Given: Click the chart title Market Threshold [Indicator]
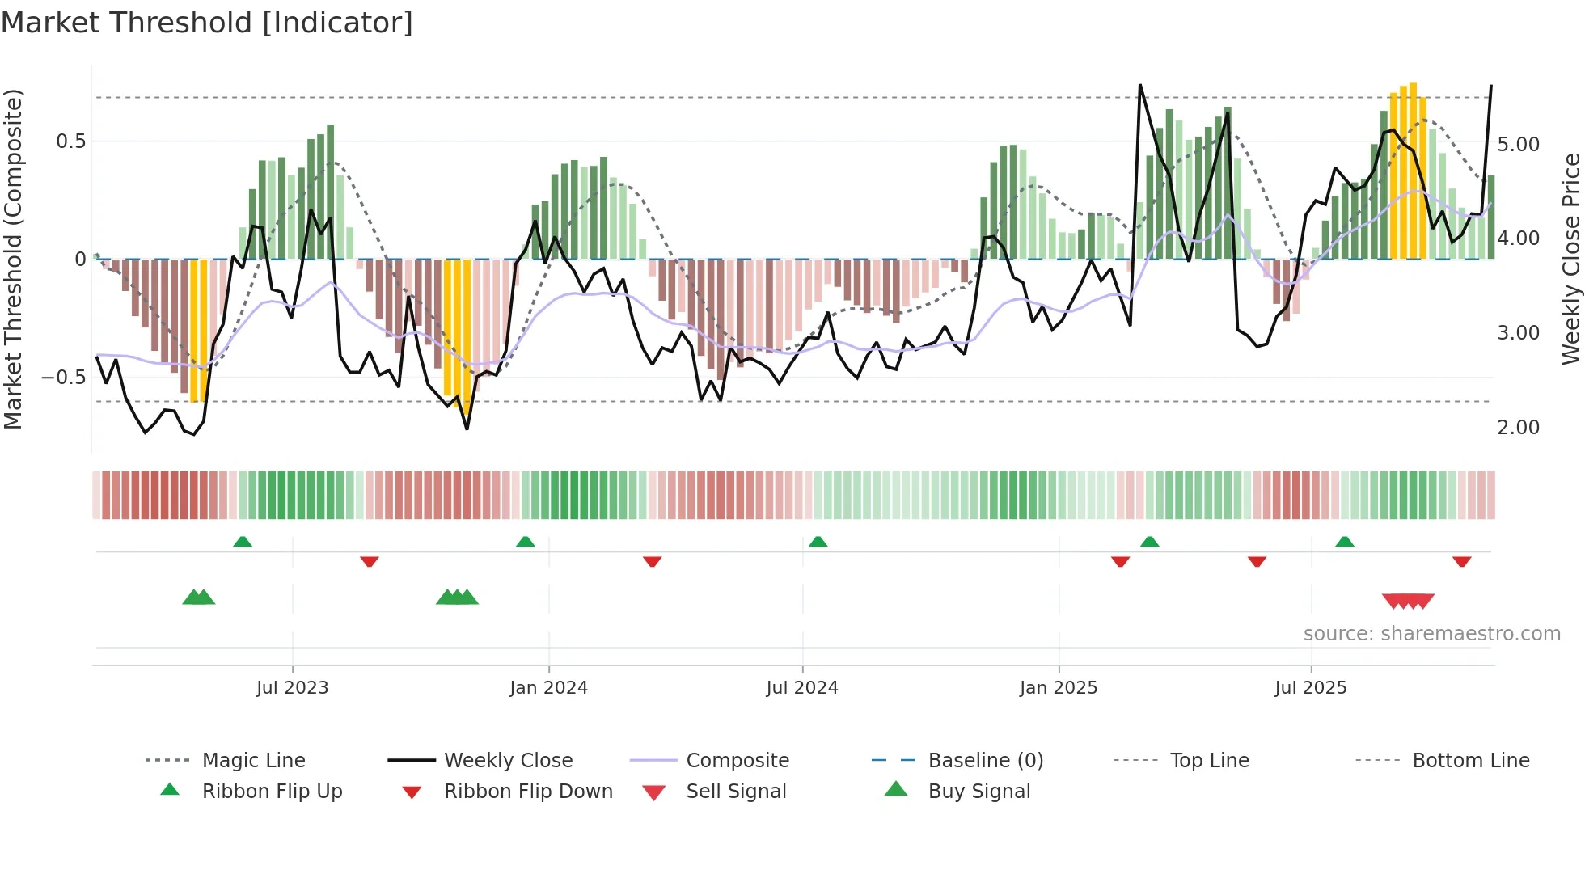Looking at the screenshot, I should tap(207, 23).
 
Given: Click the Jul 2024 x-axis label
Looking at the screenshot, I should tap(801, 688).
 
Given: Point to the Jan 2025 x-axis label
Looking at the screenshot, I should tap(1058, 688).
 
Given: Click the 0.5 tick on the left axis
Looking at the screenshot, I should tap(70, 141).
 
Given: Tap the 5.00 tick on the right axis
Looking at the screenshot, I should tap(1518, 145).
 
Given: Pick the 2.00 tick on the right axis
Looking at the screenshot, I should tap(1518, 428).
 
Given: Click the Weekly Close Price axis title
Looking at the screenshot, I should tap(1570, 259).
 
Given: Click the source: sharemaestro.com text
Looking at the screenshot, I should tap(1431, 634).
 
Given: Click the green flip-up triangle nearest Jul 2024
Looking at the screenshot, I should tap(818, 541).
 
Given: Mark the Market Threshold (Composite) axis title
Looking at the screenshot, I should tap(13, 259).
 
